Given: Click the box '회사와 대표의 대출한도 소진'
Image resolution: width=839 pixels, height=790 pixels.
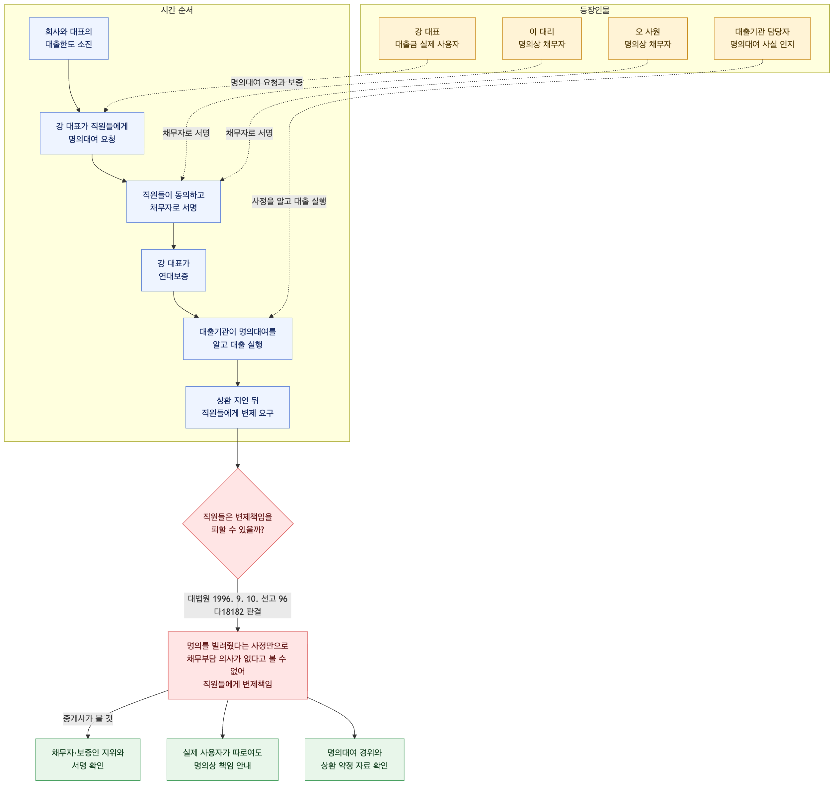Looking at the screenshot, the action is (69, 39).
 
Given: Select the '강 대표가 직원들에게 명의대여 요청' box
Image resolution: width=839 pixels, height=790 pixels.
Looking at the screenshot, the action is (92, 133).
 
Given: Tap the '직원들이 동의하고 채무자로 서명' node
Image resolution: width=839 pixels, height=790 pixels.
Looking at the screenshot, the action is (174, 202).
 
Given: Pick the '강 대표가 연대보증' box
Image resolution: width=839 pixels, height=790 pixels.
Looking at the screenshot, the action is (174, 270).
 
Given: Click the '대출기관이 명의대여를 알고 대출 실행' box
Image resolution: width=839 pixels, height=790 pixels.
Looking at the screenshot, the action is (238, 339).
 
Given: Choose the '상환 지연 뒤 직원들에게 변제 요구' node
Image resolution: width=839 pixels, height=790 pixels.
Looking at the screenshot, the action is (238, 407).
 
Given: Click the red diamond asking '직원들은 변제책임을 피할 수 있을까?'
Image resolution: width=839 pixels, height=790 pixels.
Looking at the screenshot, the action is (238, 524).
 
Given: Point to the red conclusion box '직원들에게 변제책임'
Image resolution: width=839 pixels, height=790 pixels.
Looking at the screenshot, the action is (238, 666).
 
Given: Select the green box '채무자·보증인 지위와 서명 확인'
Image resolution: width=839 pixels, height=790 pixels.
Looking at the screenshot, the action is (88, 759).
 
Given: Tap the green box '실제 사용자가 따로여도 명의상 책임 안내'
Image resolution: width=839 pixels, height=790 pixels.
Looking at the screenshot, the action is (222, 759).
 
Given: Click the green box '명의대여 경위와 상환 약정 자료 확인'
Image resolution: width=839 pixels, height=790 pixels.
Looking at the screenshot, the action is (354, 759).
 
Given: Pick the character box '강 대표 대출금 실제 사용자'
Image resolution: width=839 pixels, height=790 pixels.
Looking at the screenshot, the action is (427, 39).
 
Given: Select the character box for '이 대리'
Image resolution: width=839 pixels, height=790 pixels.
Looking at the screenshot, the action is (542, 39).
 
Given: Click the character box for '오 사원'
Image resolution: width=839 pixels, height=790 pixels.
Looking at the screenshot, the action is (648, 39).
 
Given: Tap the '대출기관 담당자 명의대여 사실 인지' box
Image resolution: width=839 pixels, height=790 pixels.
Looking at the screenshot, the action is (762, 39).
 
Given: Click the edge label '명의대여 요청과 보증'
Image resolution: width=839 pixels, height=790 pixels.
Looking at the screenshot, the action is (267, 82).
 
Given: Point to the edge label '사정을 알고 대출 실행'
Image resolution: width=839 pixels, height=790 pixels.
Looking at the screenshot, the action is (289, 201).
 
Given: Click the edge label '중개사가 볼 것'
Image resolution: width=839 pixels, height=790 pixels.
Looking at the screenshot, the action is (88, 719).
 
